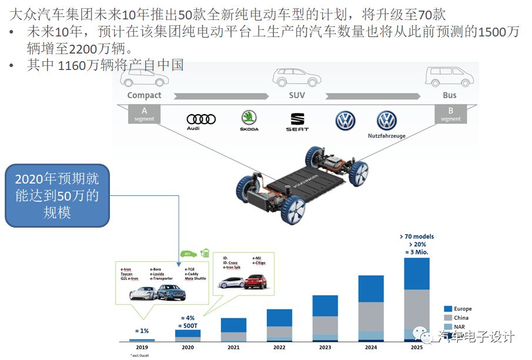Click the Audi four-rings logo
click(201, 119)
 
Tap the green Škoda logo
click(249, 117)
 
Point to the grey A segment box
click(144, 114)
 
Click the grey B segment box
click(450, 114)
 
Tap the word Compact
click(144, 95)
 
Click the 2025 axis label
click(416, 348)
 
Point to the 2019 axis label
click(142, 348)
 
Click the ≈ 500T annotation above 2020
click(188, 325)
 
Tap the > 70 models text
click(416, 237)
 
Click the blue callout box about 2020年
click(58, 195)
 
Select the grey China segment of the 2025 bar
click(417, 309)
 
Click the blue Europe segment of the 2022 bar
click(279, 318)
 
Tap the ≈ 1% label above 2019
click(142, 331)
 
